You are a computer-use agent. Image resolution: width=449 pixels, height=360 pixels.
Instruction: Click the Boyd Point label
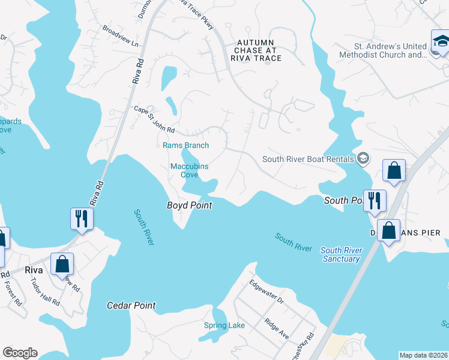188,205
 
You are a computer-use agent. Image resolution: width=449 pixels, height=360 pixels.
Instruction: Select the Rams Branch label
185,145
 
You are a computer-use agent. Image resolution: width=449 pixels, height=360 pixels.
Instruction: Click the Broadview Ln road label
120,36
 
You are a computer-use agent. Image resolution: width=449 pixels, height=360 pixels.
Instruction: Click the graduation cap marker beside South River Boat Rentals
363,159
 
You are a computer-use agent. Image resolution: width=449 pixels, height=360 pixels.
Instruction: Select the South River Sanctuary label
340,254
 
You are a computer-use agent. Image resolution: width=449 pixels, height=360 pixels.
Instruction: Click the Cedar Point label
131,305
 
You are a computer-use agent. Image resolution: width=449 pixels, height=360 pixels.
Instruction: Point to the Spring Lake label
224,326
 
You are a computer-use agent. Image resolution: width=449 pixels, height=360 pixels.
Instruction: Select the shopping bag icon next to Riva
62,264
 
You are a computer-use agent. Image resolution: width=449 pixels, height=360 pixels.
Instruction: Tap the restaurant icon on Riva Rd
81,218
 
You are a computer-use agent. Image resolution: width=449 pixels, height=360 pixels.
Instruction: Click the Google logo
20,353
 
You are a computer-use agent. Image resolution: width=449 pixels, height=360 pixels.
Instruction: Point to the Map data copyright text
423,355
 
